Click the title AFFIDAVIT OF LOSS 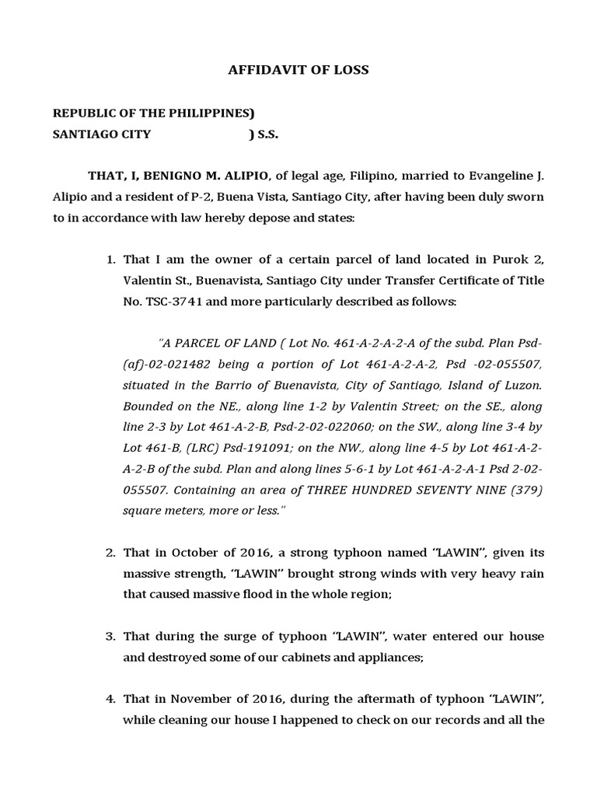click(x=298, y=70)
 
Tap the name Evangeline click(x=494, y=176)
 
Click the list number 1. click(x=110, y=259)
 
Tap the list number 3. click(x=110, y=637)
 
